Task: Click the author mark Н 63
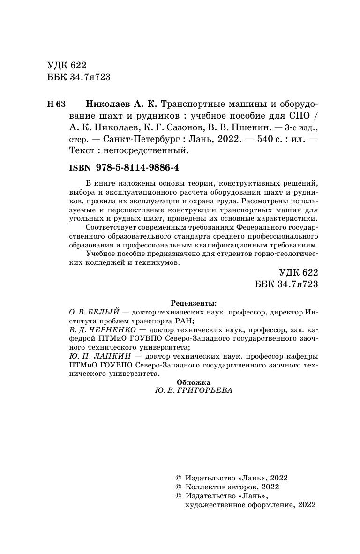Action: click(x=57, y=104)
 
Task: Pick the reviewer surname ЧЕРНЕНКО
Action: click(x=113, y=330)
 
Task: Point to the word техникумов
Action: click(x=158, y=263)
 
